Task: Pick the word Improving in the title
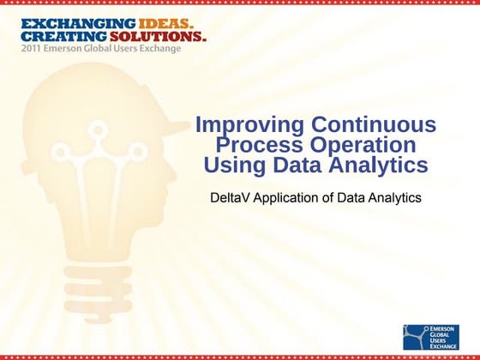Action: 245,125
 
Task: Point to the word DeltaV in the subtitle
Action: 230,197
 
